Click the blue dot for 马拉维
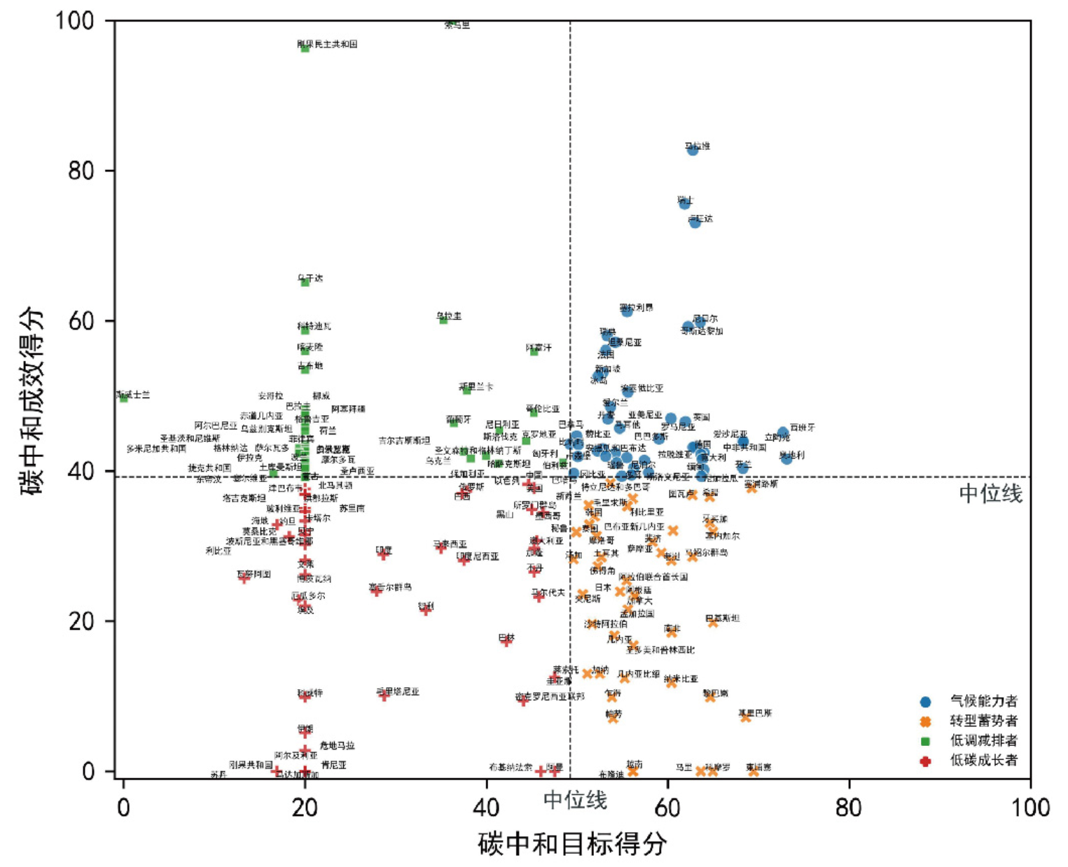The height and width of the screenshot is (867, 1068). click(693, 149)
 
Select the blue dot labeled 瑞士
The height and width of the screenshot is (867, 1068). click(684, 204)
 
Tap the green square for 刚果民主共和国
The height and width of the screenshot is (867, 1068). click(305, 48)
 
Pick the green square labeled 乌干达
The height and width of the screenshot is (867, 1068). click(305, 282)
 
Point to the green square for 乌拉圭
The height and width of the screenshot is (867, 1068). click(443, 320)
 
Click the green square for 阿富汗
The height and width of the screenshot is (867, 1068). click(534, 351)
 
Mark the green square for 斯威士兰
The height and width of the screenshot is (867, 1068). click(124, 397)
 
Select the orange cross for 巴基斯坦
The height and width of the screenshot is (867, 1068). click(713, 622)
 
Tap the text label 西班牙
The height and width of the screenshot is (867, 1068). click(802, 427)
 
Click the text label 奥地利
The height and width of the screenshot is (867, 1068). click(792, 455)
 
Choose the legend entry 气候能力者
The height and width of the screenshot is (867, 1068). click(983, 701)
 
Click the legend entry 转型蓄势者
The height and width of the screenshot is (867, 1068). click(983, 721)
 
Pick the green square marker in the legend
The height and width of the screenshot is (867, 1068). click(926, 741)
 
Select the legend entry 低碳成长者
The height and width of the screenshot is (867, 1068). click(983, 761)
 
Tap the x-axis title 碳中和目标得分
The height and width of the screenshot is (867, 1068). click(572, 844)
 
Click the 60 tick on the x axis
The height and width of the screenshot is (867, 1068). click(667, 808)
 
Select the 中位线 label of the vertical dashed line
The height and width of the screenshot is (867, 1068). click(575, 799)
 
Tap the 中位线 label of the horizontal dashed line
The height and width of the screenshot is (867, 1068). click(990, 494)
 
